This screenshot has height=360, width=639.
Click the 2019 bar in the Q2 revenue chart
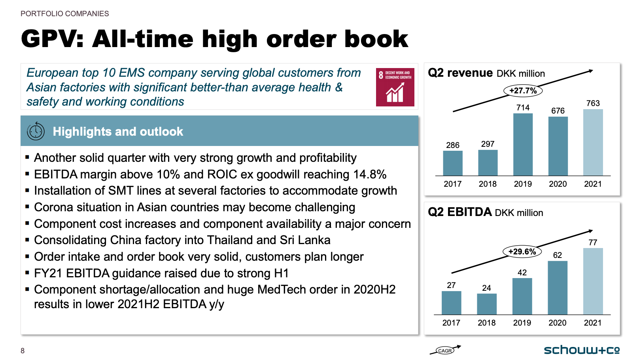click(x=523, y=144)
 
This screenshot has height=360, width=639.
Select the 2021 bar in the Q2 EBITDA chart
click(x=593, y=281)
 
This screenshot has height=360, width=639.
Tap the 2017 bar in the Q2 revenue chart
click(x=453, y=163)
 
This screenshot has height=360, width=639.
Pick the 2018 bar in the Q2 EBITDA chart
click(x=487, y=304)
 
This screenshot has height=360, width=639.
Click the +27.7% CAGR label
click(x=523, y=91)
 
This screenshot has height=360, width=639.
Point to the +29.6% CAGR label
click(x=522, y=252)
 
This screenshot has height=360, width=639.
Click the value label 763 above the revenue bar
click(x=593, y=103)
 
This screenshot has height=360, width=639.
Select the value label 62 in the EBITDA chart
click(x=558, y=255)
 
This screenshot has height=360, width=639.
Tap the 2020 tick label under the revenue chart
click(x=558, y=184)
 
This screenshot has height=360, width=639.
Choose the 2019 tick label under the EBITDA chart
click(x=522, y=322)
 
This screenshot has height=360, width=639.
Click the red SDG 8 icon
click(x=395, y=87)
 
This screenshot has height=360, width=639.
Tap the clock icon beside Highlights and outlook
click(x=36, y=131)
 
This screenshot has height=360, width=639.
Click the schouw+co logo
click(x=582, y=350)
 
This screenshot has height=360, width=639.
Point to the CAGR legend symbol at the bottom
click(x=445, y=350)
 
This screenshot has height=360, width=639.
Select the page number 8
click(x=23, y=351)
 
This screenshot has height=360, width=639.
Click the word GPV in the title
click(x=52, y=39)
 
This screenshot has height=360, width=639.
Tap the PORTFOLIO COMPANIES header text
click(x=65, y=14)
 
